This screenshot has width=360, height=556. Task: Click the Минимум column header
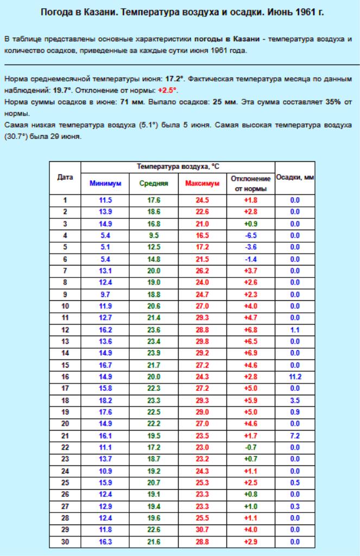coord(105,184)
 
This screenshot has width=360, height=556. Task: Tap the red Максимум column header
coord(202,184)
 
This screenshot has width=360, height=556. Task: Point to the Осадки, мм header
coord(295,177)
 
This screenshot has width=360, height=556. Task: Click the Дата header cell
coord(65,177)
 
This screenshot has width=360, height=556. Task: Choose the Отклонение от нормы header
coord(250,184)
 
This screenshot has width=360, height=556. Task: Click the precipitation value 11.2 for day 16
coord(295,376)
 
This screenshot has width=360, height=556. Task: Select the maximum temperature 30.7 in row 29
coord(202,529)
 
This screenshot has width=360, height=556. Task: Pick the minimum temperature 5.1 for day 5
coord(105,247)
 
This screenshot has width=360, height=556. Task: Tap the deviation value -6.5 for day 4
coord(250,235)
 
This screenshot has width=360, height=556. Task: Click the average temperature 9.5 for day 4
coord(154,235)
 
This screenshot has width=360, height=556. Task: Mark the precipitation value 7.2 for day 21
coord(295,435)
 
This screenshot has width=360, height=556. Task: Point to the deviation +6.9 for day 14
coord(250,353)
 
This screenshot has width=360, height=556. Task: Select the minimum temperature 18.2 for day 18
coord(105,400)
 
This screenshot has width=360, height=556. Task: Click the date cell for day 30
coord(65,541)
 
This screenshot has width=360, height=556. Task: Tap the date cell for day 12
coord(65,330)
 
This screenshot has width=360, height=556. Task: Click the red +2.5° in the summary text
coord(168,90)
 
